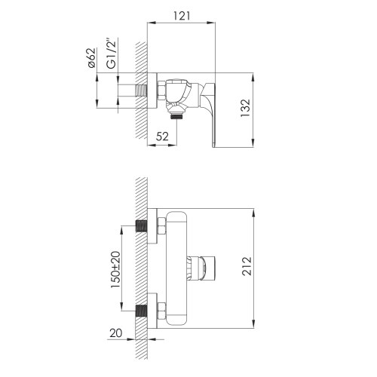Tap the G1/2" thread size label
pos(111,54)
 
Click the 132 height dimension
pos(267,109)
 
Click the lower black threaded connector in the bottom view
pos(141,310)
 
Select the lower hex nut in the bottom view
pos(161,310)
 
